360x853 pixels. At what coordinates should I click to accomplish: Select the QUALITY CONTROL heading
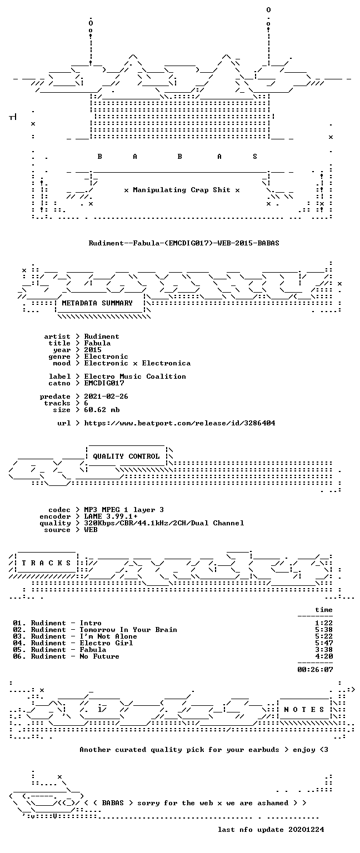[x=126, y=456]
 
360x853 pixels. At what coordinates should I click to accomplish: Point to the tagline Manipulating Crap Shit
[x=182, y=190]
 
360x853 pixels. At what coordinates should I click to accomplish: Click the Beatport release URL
[x=179, y=423]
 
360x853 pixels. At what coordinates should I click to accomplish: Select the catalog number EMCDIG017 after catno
[x=104, y=383]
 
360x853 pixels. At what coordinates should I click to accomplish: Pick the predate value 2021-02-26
[x=106, y=397]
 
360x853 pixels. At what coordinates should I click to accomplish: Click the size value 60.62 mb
[x=102, y=410]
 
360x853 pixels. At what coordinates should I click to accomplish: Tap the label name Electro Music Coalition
[x=135, y=376]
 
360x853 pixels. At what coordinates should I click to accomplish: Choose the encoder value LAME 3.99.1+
[x=111, y=516]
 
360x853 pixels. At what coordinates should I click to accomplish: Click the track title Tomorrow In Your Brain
[x=128, y=629]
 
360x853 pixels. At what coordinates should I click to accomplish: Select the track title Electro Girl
[x=106, y=643]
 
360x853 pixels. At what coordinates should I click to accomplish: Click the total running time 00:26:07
[x=315, y=669]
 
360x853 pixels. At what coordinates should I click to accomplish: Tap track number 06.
[x=19, y=656]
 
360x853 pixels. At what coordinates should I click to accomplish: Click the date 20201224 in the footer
[x=306, y=829]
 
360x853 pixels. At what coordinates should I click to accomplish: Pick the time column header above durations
[x=324, y=610]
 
